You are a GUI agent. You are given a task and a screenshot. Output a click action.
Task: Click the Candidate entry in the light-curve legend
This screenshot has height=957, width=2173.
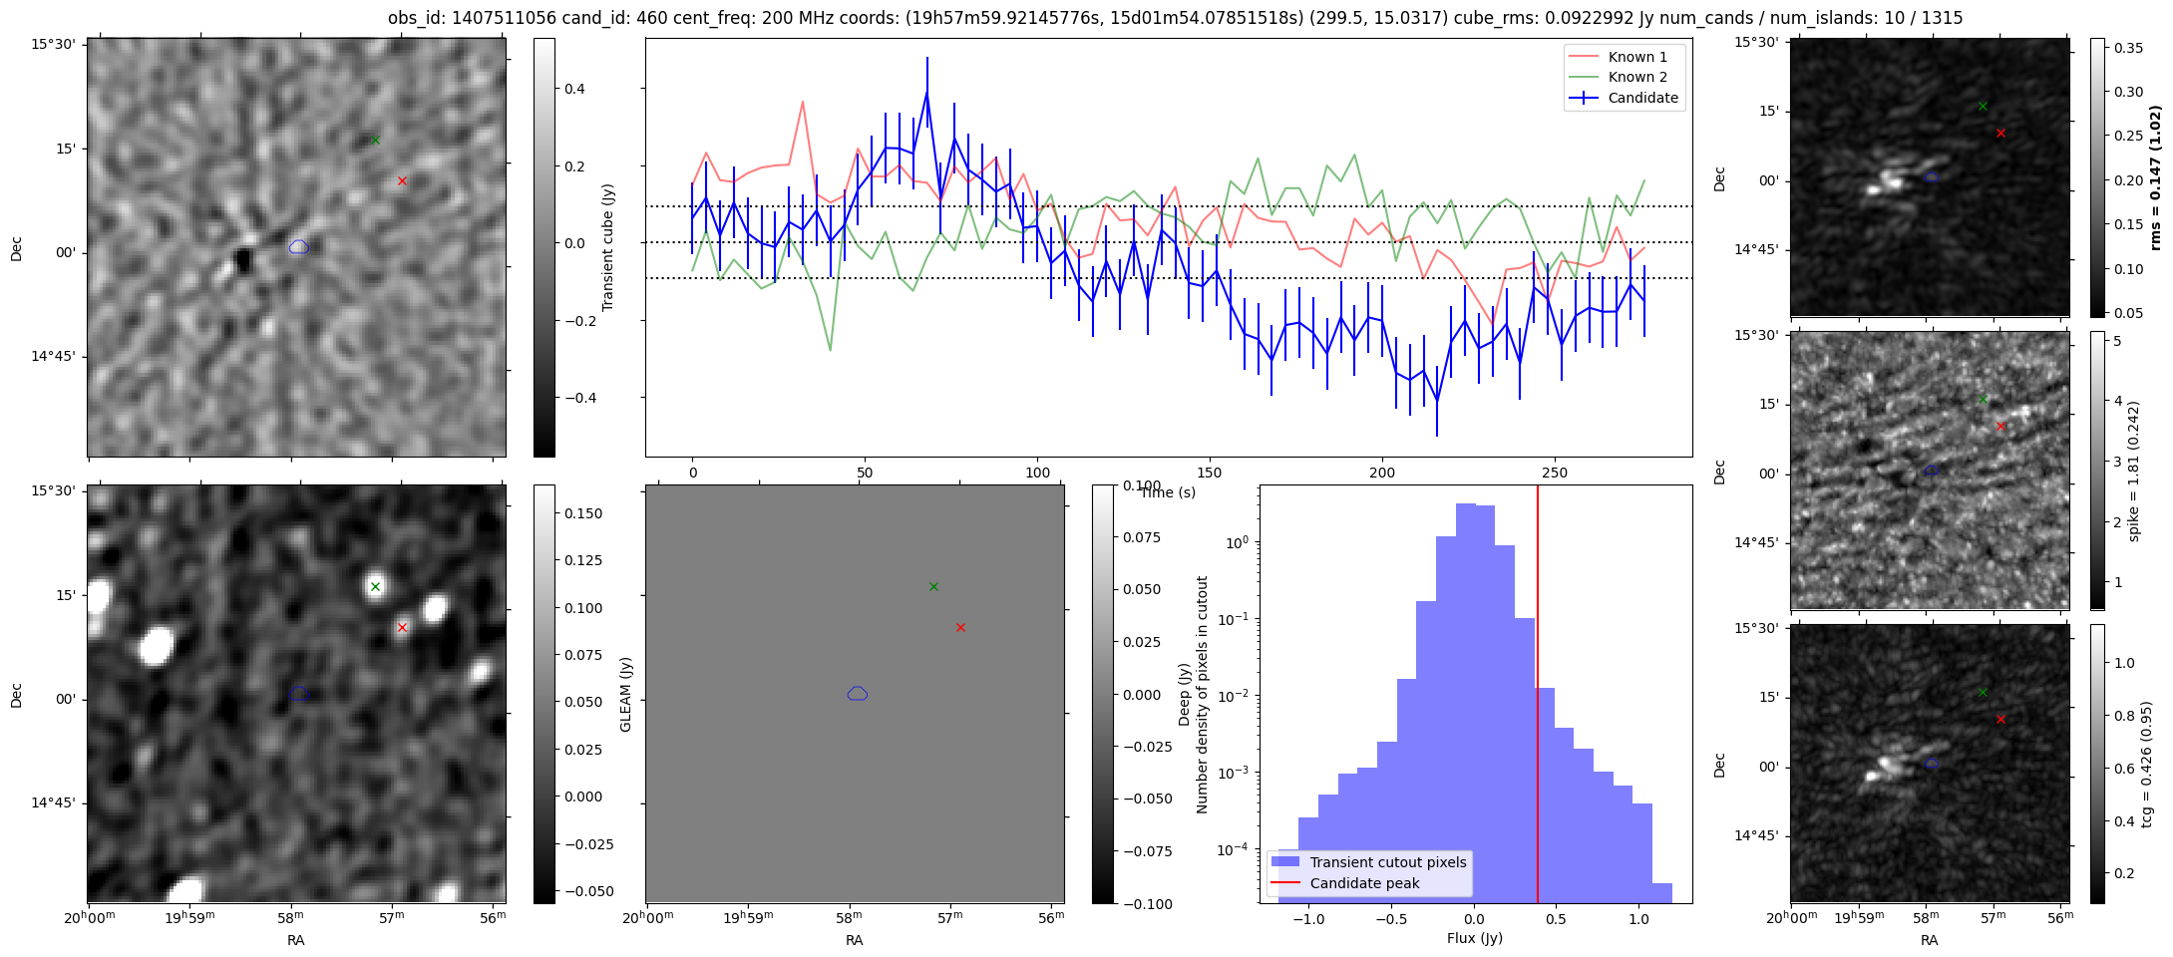pyautogui.click(x=1642, y=98)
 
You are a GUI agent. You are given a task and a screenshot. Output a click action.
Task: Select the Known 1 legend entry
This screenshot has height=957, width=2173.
pyautogui.click(x=1637, y=57)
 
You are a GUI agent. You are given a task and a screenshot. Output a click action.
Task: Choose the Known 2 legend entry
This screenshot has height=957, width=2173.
pyautogui.click(x=1637, y=77)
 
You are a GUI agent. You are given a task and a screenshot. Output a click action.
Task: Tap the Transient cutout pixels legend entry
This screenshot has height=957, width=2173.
pyautogui.click(x=1387, y=862)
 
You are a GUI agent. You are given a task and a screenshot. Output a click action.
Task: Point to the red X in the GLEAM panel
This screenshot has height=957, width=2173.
pyautogui.click(x=960, y=627)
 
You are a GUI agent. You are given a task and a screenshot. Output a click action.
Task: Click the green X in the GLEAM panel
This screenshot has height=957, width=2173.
pyautogui.click(x=933, y=586)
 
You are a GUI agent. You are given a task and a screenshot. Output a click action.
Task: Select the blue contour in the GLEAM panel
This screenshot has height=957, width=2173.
pyautogui.click(x=858, y=693)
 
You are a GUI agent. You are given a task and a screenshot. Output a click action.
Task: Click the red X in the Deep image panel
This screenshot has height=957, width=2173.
pyautogui.click(x=402, y=627)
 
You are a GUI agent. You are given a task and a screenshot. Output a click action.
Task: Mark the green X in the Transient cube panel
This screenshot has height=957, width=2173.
pyautogui.click(x=375, y=140)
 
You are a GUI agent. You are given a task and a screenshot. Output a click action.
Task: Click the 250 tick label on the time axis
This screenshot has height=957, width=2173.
pyautogui.click(x=1554, y=474)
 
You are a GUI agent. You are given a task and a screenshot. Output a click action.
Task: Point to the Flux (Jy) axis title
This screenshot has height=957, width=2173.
pyautogui.click(x=1474, y=938)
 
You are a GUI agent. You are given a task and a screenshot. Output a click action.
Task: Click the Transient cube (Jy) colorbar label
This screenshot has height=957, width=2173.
pyautogui.click(x=607, y=247)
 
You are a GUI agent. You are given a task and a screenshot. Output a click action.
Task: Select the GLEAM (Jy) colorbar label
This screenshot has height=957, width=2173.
pyautogui.click(x=626, y=694)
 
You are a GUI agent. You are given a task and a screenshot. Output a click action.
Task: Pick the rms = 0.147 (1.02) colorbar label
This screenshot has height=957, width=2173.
pyautogui.click(x=2154, y=177)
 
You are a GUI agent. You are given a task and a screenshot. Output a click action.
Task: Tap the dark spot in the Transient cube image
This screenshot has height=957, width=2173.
pyautogui.click(x=243, y=261)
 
